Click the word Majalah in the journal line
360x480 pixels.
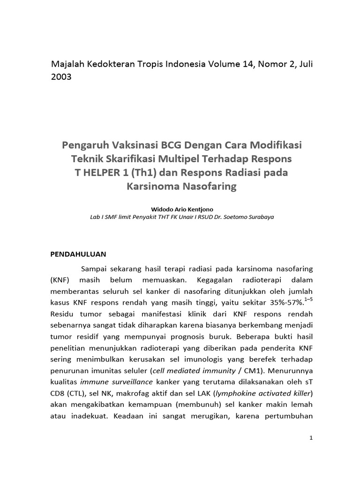pyautogui.click(x=67, y=64)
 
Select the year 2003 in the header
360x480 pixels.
pyautogui.click(x=61, y=77)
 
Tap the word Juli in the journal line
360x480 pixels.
pyautogui.click(x=302, y=64)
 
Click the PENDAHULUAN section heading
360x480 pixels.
pyautogui.click(x=78, y=254)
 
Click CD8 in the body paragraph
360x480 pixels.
pyautogui.click(x=58, y=393)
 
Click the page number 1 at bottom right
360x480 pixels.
pyautogui.click(x=311, y=438)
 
